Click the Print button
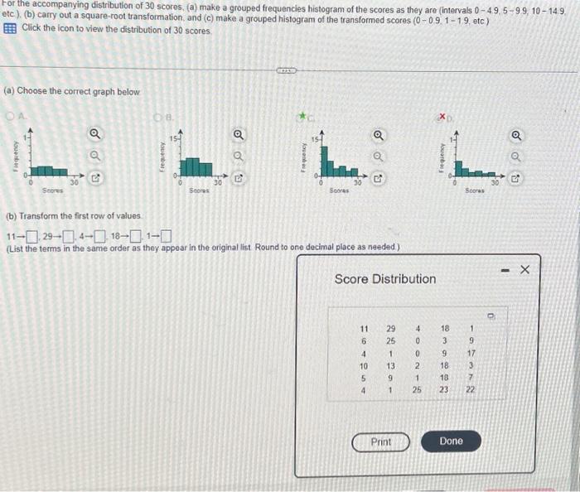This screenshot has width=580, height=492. tap(381, 441)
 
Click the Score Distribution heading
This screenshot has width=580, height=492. tap(384, 279)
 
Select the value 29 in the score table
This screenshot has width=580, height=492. tap(391, 329)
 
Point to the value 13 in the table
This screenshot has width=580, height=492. tap(391, 366)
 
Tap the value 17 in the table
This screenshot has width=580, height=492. tap(471, 354)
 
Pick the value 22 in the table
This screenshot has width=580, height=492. tap(471, 391)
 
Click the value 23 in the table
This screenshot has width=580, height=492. tap(444, 391)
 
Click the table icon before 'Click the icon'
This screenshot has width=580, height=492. tap(9, 28)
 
